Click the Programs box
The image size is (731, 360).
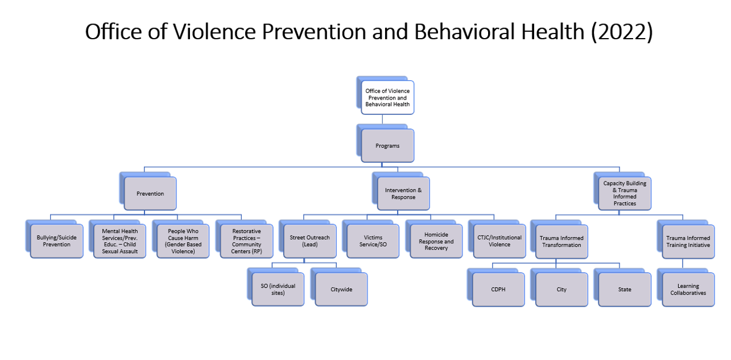point(387,146)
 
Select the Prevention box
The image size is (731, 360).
point(150,193)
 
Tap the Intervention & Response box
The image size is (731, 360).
point(403,193)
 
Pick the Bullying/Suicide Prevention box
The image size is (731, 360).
point(56,241)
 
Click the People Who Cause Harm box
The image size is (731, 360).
point(183,241)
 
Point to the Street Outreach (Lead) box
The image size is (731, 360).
point(309,241)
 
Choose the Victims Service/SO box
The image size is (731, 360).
point(373,241)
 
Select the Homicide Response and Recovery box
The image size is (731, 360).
point(436,241)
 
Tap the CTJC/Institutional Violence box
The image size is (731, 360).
point(499,241)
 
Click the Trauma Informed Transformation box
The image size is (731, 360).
point(561,242)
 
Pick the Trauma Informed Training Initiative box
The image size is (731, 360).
point(688,242)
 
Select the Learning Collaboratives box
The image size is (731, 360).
point(688,289)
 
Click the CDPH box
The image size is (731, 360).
point(498,289)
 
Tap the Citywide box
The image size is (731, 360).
point(341,289)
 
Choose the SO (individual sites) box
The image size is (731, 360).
point(278,289)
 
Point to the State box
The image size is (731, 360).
point(625,289)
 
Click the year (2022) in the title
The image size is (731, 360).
point(622,32)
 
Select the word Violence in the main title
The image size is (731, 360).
point(214,32)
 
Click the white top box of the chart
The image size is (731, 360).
point(387,98)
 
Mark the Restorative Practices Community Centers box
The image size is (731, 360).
point(246,241)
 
